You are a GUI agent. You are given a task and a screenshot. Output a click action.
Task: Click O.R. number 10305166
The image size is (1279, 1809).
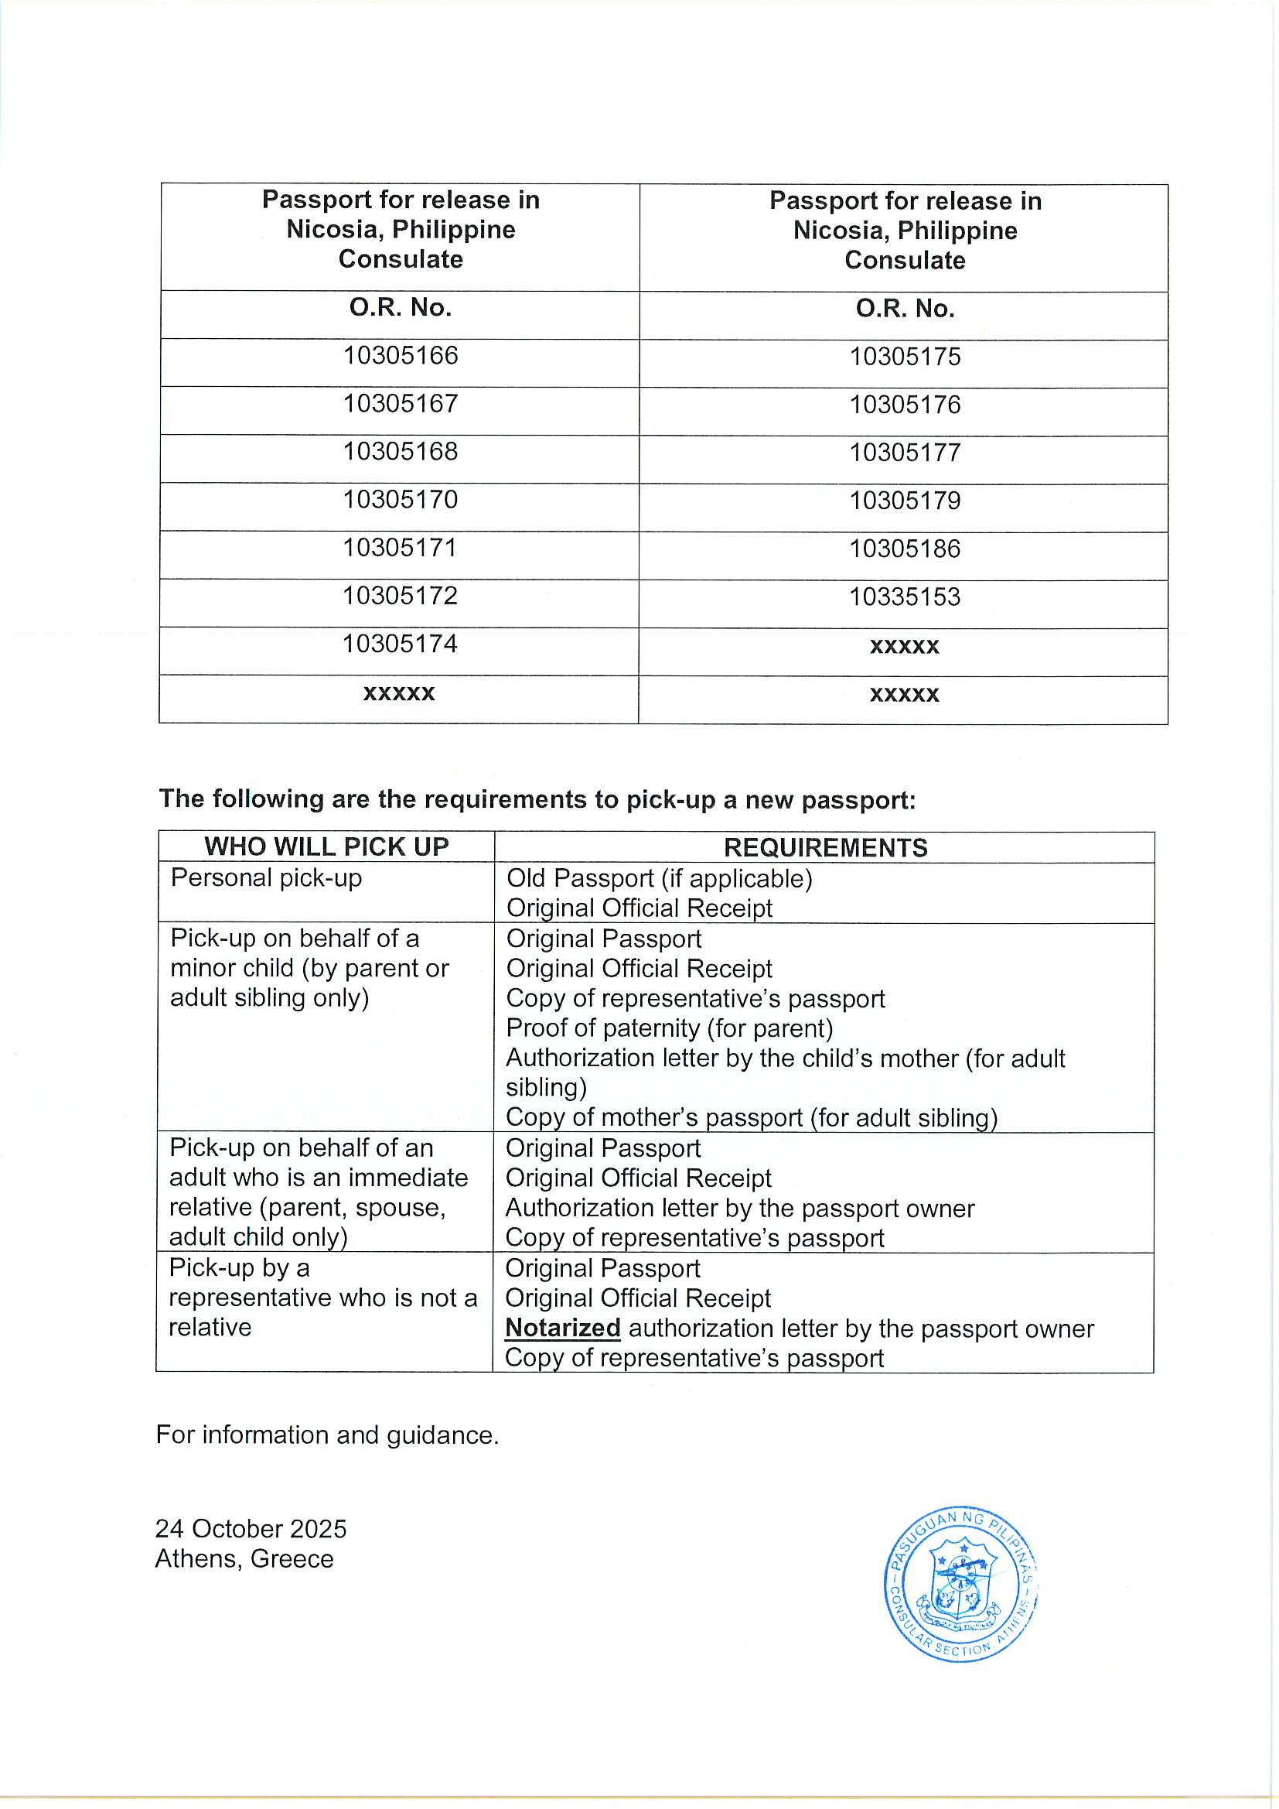pos(400,356)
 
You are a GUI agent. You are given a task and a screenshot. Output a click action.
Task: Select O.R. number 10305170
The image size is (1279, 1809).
pos(400,500)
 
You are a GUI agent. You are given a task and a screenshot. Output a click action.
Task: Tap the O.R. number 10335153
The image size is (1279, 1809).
pos(904,597)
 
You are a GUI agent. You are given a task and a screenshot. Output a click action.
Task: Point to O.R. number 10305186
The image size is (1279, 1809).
pos(904,549)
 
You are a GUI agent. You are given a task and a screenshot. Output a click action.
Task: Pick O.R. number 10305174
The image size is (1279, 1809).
pos(400,645)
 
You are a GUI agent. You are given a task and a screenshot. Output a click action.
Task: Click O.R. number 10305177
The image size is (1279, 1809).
pos(904,453)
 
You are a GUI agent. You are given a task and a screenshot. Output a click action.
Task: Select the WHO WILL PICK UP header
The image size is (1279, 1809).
pos(326,847)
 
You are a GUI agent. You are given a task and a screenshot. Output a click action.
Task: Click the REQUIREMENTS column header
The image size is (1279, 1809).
pos(824,848)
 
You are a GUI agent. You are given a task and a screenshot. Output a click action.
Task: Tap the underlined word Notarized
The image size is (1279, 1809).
pos(562,1329)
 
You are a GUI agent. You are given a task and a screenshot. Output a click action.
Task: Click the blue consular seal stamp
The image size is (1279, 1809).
pos(960,1584)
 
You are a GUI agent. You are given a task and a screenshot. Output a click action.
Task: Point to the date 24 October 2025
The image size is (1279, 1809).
pos(251,1530)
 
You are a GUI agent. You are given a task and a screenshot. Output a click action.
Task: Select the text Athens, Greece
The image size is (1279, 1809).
pos(244,1559)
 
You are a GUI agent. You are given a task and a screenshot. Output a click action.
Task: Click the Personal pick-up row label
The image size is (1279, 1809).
pos(266,877)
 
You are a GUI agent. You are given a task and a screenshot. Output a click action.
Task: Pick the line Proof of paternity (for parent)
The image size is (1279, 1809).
pos(670,1028)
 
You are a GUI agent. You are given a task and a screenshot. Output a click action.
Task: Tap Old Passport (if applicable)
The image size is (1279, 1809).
pos(659,878)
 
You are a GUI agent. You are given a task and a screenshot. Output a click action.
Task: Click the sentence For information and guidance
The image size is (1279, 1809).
pos(327,1435)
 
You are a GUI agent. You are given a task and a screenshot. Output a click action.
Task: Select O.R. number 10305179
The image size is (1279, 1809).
pos(904,501)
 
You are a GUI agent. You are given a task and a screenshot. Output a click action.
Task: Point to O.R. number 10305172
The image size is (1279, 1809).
pos(400,596)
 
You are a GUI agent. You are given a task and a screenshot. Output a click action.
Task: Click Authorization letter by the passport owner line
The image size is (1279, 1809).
pos(739,1209)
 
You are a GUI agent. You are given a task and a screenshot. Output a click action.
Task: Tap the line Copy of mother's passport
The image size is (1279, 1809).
pos(752,1118)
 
